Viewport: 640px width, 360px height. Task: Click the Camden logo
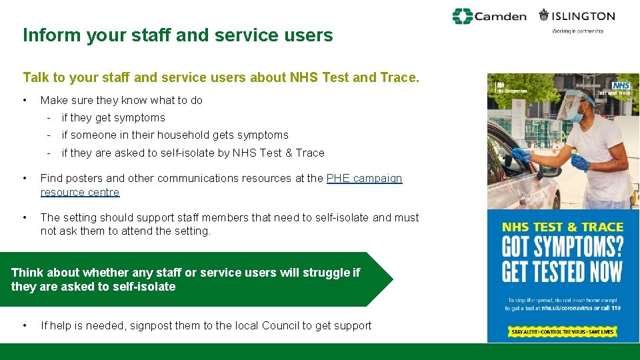click(489, 17)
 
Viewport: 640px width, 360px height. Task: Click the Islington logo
click(577, 16)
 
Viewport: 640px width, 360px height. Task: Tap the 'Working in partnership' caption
click(577, 31)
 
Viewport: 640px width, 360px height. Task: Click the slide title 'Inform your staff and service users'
click(177, 35)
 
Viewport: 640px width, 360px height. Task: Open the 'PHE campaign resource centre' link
click(364, 179)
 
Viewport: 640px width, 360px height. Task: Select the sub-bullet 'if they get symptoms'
click(113, 118)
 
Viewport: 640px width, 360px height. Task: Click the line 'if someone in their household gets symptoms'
click(175, 135)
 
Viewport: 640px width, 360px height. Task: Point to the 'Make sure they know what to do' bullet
click(121, 101)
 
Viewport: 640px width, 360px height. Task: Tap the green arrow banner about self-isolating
click(193, 279)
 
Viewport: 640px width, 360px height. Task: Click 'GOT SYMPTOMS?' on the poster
click(562, 247)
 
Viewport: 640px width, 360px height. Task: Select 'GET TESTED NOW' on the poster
click(562, 272)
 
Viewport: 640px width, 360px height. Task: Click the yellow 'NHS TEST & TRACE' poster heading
click(562, 227)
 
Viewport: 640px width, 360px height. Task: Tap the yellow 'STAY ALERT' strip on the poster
click(563, 331)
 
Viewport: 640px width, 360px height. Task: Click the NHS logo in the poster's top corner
click(621, 85)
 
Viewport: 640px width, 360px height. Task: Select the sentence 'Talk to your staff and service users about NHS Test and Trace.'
click(221, 77)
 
